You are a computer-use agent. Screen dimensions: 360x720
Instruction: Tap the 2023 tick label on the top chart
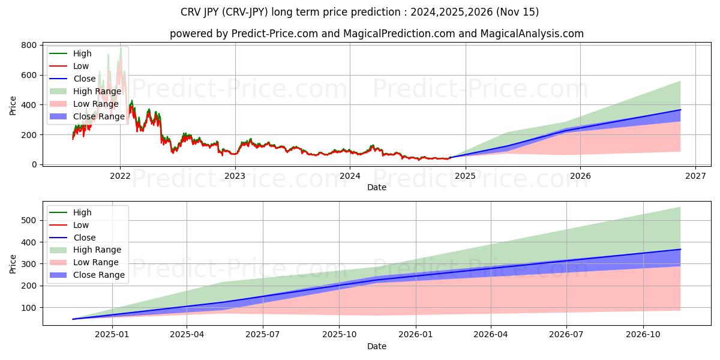pos(235,176)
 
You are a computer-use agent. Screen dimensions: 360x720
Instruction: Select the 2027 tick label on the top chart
pos(695,176)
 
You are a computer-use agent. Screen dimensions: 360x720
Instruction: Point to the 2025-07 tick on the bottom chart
pos(263,334)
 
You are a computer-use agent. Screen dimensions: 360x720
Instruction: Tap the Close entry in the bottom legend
pos(84,238)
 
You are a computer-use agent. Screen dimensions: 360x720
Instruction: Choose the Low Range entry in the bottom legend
pos(96,262)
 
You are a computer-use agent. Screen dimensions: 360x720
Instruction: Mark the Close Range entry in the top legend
pos(98,116)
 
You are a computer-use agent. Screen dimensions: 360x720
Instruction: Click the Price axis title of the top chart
pos(13,105)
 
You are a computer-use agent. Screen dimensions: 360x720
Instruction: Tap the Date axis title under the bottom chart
pos(376,346)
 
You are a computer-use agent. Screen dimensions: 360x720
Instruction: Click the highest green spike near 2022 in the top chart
pos(121,47)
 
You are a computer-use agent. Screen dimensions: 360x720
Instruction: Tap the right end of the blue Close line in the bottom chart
pos(680,249)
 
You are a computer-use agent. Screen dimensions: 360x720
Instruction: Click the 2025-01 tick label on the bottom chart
pos(112,334)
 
